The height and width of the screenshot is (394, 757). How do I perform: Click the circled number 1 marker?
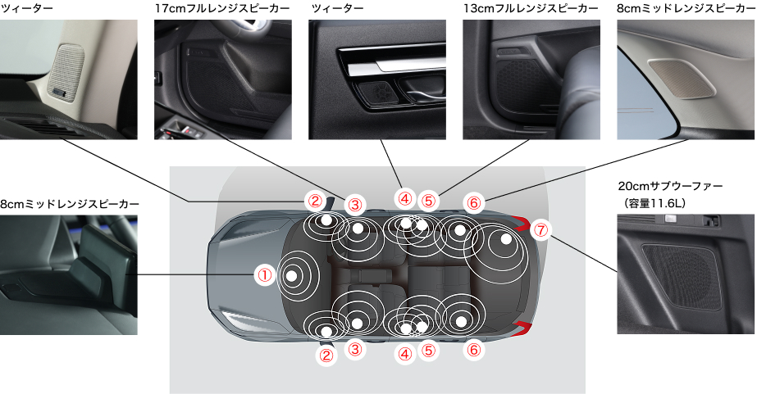(265, 275)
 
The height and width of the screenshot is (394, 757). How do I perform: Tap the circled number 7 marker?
(540, 230)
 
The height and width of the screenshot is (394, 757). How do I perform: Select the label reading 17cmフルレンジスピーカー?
(222, 8)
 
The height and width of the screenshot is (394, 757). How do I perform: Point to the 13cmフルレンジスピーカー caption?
(531, 8)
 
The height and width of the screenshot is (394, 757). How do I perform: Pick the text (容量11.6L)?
(652, 203)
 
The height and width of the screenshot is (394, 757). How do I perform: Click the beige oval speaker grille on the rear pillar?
(682, 78)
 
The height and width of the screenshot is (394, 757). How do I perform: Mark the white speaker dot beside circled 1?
(291, 276)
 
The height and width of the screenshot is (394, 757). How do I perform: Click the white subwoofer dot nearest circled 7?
(505, 238)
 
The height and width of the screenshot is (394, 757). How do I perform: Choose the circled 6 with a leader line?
(473, 203)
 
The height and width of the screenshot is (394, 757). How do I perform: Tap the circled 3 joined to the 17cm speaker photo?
(355, 205)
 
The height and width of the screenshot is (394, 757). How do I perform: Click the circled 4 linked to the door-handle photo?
(404, 198)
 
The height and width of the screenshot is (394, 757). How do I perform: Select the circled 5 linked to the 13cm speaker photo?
(428, 200)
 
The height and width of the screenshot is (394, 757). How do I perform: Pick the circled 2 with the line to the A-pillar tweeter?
(315, 200)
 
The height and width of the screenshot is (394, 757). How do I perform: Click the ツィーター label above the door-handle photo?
(337, 8)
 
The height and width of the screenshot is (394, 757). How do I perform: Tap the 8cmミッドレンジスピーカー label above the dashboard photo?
(70, 204)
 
